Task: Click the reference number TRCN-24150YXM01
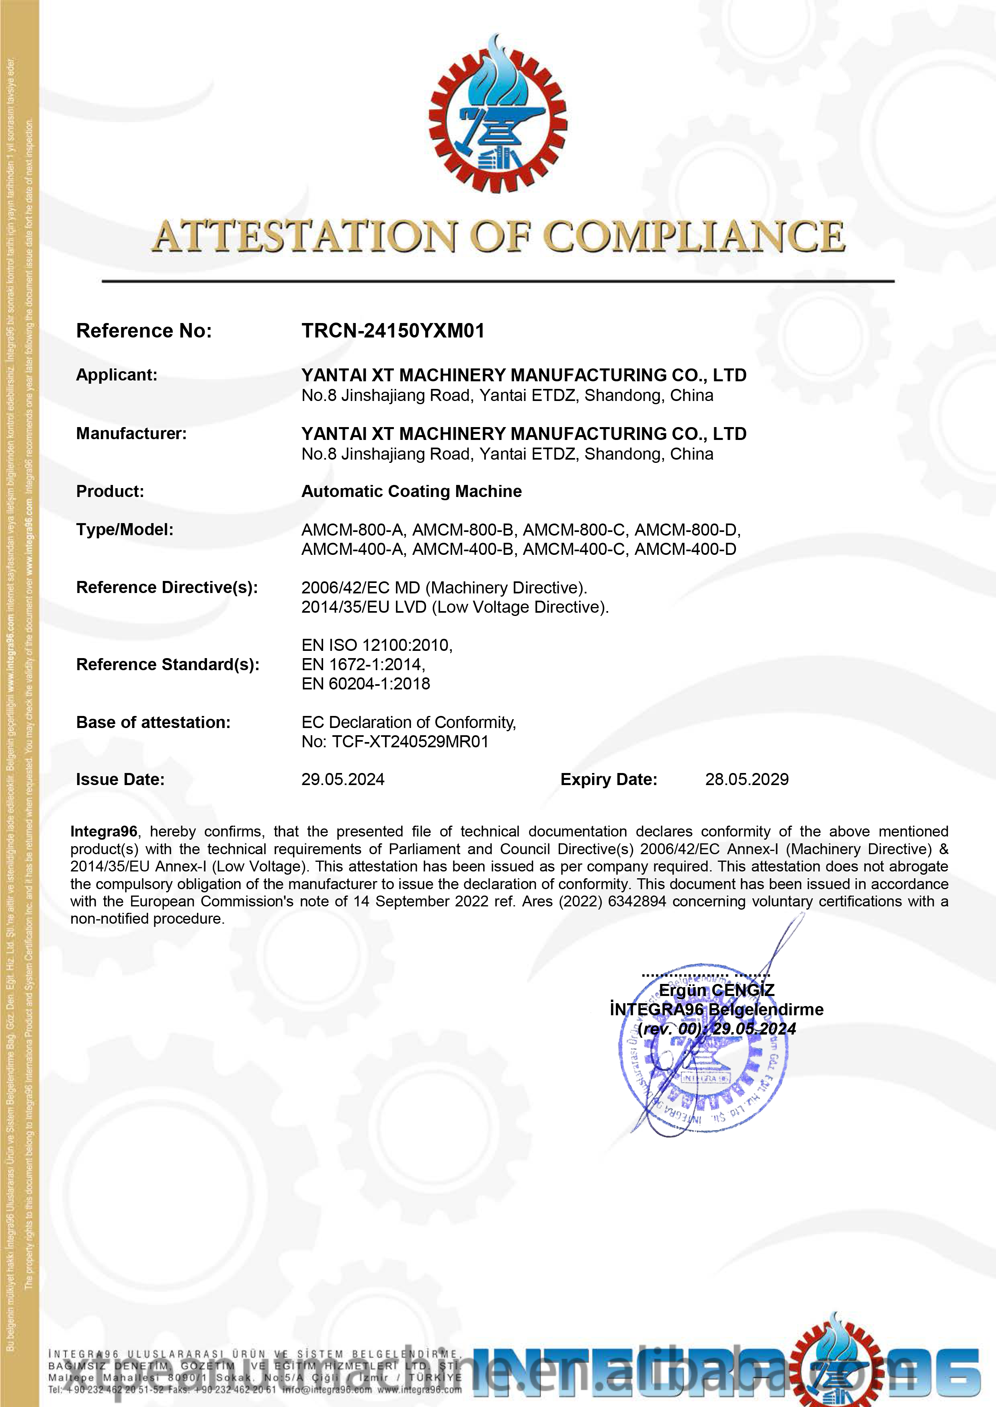point(393,331)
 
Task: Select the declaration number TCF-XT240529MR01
point(410,742)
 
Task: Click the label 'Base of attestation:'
point(153,722)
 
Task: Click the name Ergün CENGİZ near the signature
point(716,990)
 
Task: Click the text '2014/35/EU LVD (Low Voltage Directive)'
point(455,607)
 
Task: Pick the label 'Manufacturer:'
point(131,434)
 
